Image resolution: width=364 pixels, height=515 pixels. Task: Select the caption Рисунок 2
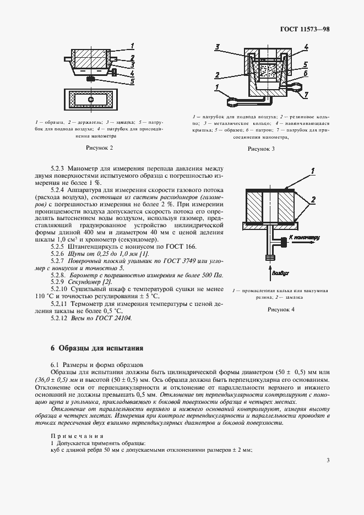(100, 148)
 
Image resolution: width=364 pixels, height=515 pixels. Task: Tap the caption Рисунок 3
(261, 149)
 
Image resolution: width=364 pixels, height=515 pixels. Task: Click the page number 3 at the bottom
(328, 460)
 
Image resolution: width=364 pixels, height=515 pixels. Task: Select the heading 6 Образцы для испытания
(97, 348)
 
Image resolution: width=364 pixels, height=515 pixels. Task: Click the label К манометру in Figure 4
(305, 238)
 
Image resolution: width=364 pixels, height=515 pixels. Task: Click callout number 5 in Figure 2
(132, 81)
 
